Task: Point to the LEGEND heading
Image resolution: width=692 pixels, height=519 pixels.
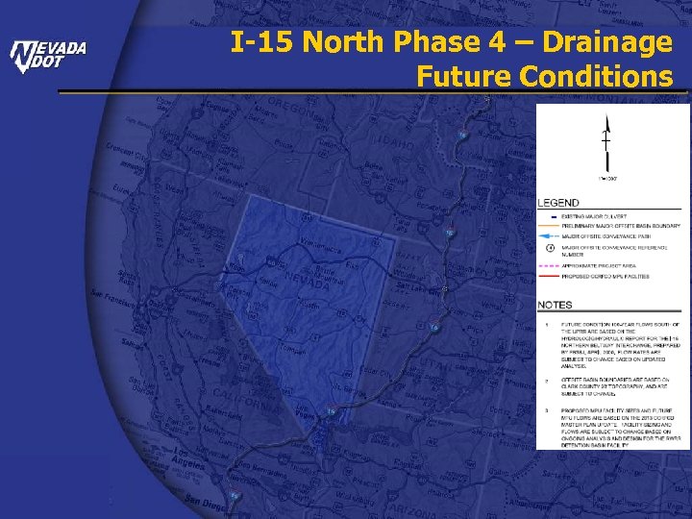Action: point(558,203)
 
